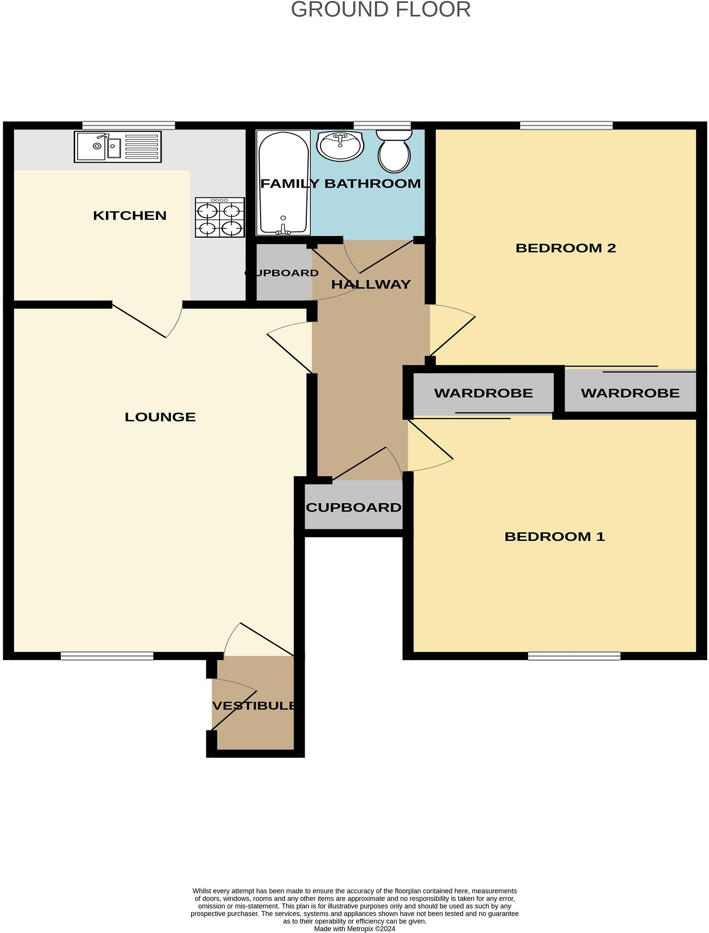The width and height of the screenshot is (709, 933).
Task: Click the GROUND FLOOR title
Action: (x=381, y=10)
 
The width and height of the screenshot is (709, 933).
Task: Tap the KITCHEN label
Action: (x=130, y=215)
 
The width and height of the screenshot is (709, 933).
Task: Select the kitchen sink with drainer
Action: (x=118, y=147)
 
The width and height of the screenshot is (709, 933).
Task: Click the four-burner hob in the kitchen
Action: (x=219, y=217)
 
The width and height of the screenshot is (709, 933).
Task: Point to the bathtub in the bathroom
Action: (x=283, y=183)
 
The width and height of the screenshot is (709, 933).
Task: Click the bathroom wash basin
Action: (x=340, y=146)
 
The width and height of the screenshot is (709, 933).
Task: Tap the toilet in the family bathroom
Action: (x=394, y=151)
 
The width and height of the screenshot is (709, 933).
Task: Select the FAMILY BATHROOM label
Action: (x=341, y=183)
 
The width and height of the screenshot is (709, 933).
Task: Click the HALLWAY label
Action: (x=371, y=284)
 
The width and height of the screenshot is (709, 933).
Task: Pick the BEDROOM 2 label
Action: (x=565, y=248)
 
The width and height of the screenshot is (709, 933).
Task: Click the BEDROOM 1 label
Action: (x=555, y=537)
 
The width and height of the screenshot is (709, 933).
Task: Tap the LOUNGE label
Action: (x=160, y=417)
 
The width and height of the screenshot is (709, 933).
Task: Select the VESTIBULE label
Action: (x=254, y=706)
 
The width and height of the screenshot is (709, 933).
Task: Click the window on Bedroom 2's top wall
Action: (x=566, y=126)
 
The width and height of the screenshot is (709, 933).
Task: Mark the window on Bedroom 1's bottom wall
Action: (x=574, y=656)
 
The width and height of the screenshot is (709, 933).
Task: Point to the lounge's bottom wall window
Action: (x=107, y=656)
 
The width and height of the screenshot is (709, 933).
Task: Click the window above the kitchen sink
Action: (x=128, y=126)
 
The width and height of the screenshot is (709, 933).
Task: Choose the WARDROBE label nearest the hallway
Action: (x=483, y=393)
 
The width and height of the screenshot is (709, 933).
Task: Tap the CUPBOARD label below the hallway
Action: (x=354, y=507)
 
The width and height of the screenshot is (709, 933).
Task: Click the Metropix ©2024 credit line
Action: (x=354, y=929)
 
